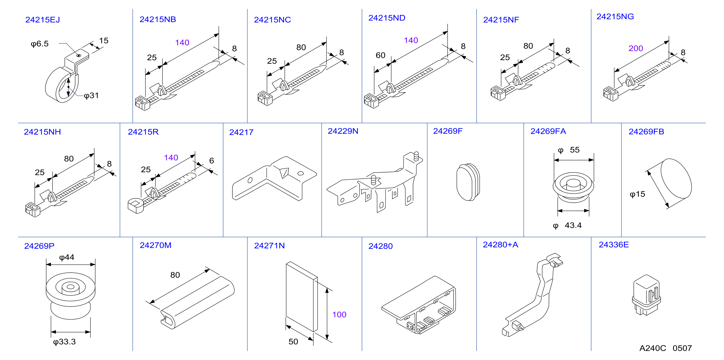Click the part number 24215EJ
click(x=43, y=20)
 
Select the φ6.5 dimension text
click(x=40, y=44)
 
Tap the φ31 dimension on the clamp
click(x=91, y=96)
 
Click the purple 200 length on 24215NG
click(x=636, y=48)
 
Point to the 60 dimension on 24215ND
click(x=381, y=55)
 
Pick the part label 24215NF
click(x=501, y=20)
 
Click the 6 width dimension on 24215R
click(x=212, y=161)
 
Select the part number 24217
click(x=241, y=132)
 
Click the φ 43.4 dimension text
click(x=567, y=226)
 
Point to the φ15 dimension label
click(x=637, y=194)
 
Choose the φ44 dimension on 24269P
click(x=67, y=257)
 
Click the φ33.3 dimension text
click(x=64, y=342)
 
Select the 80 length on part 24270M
click(x=175, y=275)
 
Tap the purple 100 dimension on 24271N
click(x=339, y=314)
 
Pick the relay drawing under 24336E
click(x=646, y=295)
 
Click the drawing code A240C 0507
click(x=666, y=348)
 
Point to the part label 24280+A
click(x=500, y=245)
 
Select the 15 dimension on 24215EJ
click(x=104, y=41)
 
